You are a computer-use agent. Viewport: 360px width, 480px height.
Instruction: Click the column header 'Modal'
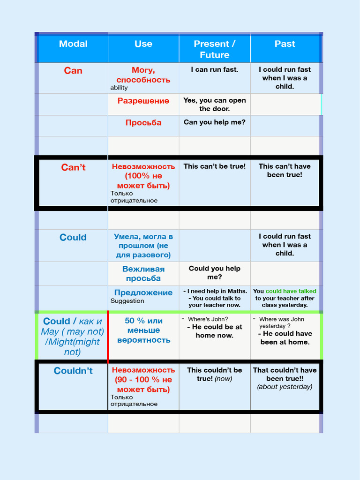73,44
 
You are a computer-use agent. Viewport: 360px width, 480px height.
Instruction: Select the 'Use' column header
143,44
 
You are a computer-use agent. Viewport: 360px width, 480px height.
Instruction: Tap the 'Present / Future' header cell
214,49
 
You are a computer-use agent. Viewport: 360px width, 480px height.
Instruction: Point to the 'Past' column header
285,44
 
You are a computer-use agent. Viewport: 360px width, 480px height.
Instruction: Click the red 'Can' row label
73,71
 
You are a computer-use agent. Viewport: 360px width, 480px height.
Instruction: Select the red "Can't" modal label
73,167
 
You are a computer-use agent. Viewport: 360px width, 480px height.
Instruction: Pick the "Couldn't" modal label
73,371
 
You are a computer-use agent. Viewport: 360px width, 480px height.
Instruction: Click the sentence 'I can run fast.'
214,69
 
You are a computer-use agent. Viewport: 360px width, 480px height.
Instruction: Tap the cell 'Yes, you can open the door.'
214,105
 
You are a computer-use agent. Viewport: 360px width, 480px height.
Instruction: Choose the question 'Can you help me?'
214,122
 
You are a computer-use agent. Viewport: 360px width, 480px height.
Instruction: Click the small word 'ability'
119,88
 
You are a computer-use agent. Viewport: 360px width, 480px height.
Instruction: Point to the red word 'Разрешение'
143,101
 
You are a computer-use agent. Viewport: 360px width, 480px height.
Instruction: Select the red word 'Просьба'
143,123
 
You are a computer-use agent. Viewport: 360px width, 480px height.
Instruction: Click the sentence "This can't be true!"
214,166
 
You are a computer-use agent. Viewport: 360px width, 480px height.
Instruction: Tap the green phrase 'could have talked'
291,291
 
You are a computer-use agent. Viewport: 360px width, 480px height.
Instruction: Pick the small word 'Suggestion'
127,301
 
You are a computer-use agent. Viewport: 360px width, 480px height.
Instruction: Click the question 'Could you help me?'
214,273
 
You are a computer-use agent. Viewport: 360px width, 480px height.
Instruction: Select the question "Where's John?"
208,319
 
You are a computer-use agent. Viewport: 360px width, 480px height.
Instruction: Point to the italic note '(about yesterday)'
285,387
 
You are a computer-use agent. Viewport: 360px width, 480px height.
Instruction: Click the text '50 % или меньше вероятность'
143,330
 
